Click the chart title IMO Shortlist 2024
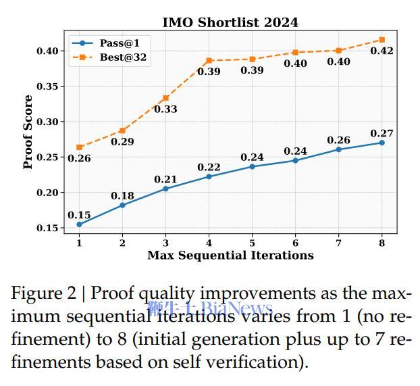(x=230, y=22)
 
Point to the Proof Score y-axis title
(x=28, y=132)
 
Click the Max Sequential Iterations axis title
(x=230, y=255)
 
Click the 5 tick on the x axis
(x=252, y=243)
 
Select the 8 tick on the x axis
(x=382, y=243)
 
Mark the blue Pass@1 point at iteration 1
(x=79, y=224)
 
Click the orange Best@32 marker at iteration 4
(x=209, y=61)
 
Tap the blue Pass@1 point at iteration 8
(x=382, y=143)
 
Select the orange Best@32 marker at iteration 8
(x=382, y=40)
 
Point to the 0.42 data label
(x=382, y=51)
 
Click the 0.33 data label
(x=165, y=109)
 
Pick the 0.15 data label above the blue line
(x=79, y=215)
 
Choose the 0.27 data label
(x=382, y=133)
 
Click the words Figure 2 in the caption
(x=45, y=294)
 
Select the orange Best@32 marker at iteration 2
(x=122, y=130)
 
